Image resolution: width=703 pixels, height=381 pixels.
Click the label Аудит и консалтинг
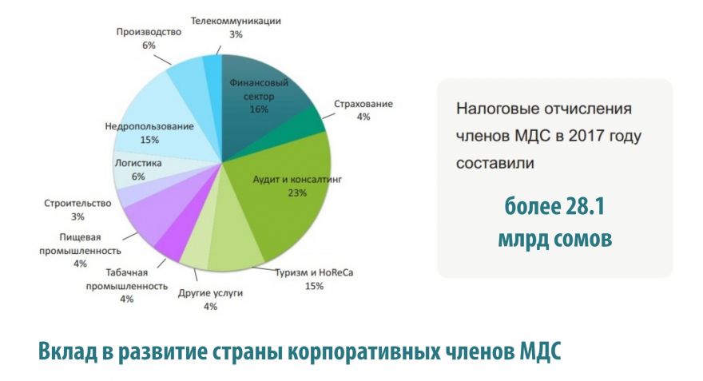[x=297, y=179]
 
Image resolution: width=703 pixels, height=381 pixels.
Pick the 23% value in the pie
[x=297, y=193]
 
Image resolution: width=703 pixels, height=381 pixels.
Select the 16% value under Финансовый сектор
[x=259, y=109]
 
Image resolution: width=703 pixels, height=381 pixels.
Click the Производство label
[x=149, y=32]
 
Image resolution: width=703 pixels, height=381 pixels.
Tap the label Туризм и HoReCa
[x=314, y=272]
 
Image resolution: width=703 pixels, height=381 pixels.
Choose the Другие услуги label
[x=210, y=292]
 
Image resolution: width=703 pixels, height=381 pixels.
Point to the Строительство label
[x=77, y=203]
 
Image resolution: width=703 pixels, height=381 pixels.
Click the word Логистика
[x=138, y=163]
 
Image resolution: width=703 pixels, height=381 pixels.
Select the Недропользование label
[x=149, y=126]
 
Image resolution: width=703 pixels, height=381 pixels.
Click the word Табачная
[x=127, y=272]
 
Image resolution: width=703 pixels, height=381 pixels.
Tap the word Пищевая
[x=80, y=237]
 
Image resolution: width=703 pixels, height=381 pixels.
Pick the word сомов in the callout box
[x=583, y=240]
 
